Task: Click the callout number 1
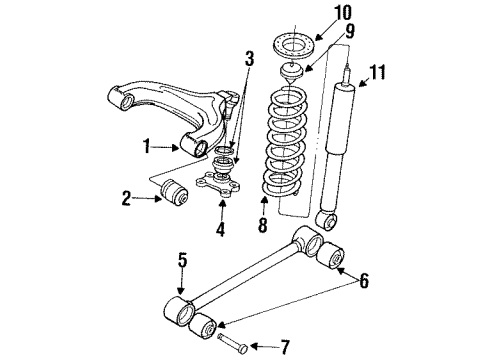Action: click(147, 146)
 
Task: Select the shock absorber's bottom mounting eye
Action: click(326, 218)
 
